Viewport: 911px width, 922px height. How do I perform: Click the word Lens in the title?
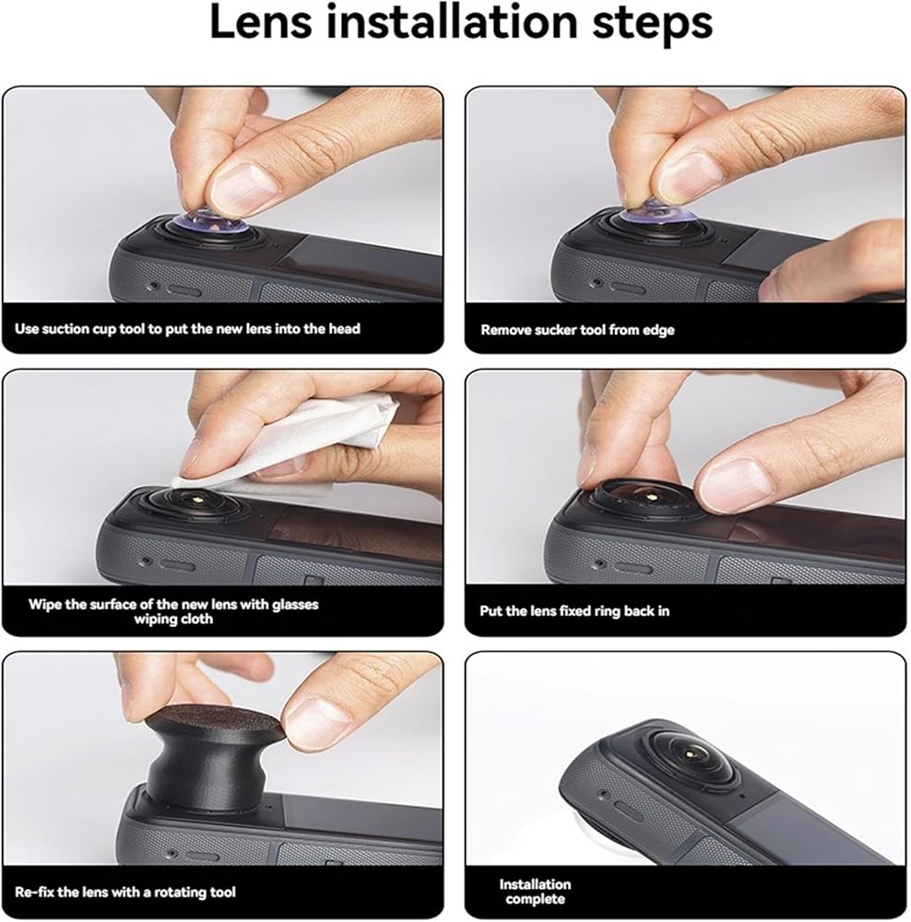(x=260, y=22)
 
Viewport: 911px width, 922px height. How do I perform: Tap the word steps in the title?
(x=652, y=25)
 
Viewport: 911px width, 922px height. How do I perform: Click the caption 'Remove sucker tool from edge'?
(x=577, y=330)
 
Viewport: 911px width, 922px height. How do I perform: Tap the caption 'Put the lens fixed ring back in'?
(x=574, y=611)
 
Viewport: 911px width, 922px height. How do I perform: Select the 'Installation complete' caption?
(x=535, y=892)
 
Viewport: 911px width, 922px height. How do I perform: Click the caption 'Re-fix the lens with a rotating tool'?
(x=124, y=892)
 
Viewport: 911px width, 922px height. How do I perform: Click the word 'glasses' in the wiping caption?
(x=295, y=605)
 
